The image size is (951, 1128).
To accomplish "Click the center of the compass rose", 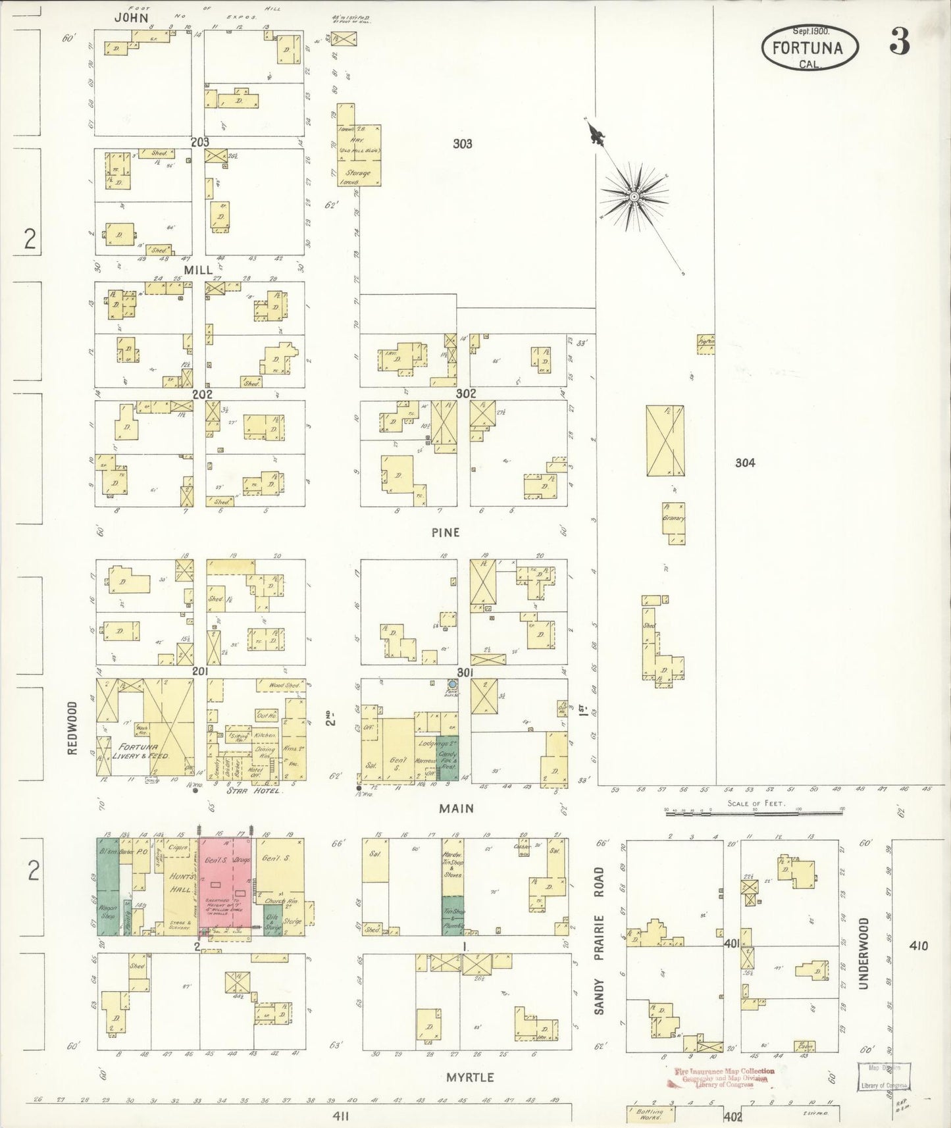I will (x=634, y=197).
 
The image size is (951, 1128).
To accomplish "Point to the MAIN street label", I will (x=456, y=808).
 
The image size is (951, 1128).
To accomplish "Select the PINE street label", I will (x=446, y=532).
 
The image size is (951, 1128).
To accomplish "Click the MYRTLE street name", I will (x=470, y=1077).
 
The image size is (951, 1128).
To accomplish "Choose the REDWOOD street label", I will (x=72, y=728).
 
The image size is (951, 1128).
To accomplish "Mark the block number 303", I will (x=462, y=143).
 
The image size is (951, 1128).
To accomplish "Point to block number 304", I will (x=745, y=463).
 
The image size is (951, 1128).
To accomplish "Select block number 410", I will (x=918, y=946).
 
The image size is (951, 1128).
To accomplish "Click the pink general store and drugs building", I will (x=226, y=885).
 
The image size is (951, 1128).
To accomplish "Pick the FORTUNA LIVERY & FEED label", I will (x=144, y=752).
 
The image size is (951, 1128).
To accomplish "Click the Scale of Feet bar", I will (x=754, y=813).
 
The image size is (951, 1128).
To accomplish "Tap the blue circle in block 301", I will (x=453, y=684).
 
